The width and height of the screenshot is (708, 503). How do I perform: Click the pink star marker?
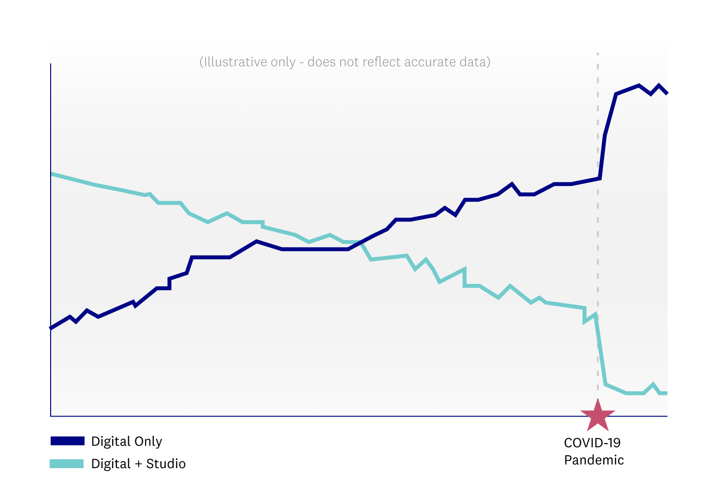(x=598, y=415)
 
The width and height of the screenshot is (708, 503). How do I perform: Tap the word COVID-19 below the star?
(x=592, y=443)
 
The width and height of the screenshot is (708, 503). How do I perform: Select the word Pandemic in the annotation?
(x=594, y=460)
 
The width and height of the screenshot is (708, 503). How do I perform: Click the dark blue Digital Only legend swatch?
(x=67, y=441)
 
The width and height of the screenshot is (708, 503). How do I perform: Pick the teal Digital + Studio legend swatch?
(x=67, y=464)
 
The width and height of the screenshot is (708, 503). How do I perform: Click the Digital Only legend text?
(x=126, y=441)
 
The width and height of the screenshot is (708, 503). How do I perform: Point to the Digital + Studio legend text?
(x=138, y=464)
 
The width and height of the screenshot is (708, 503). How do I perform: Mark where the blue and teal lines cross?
(x=361, y=242)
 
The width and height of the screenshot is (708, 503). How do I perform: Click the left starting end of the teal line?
(x=52, y=174)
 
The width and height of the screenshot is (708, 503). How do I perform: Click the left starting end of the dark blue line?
(x=52, y=327)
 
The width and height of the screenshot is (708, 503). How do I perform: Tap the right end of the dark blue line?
(x=666, y=92)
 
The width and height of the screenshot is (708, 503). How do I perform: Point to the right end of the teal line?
(x=666, y=393)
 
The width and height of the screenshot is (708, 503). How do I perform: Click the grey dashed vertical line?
(x=598, y=246)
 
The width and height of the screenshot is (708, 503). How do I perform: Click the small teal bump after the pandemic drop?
(x=653, y=385)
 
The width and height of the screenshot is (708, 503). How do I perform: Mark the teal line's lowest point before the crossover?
(x=309, y=242)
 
